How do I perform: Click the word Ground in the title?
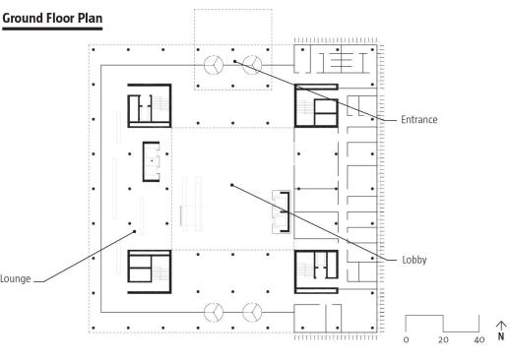click(x=23, y=19)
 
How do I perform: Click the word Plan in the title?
click(x=90, y=18)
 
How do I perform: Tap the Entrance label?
click(x=419, y=119)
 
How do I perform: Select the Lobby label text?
click(x=414, y=260)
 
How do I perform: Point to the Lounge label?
click(x=15, y=278)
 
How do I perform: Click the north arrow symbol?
click(x=501, y=330)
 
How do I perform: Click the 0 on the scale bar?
click(x=406, y=339)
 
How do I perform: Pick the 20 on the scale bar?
click(x=443, y=339)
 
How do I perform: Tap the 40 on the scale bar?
click(x=479, y=339)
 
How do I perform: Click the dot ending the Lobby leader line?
click(x=232, y=185)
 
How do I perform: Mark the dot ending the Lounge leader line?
click(x=134, y=231)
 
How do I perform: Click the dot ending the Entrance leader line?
click(x=234, y=61)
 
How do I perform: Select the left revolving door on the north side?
click(x=214, y=65)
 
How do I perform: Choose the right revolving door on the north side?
click(x=252, y=65)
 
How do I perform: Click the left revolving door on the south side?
click(x=214, y=312)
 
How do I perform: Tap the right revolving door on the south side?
click(x=252, y=312)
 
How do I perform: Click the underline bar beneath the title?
click(x=52, y=29)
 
